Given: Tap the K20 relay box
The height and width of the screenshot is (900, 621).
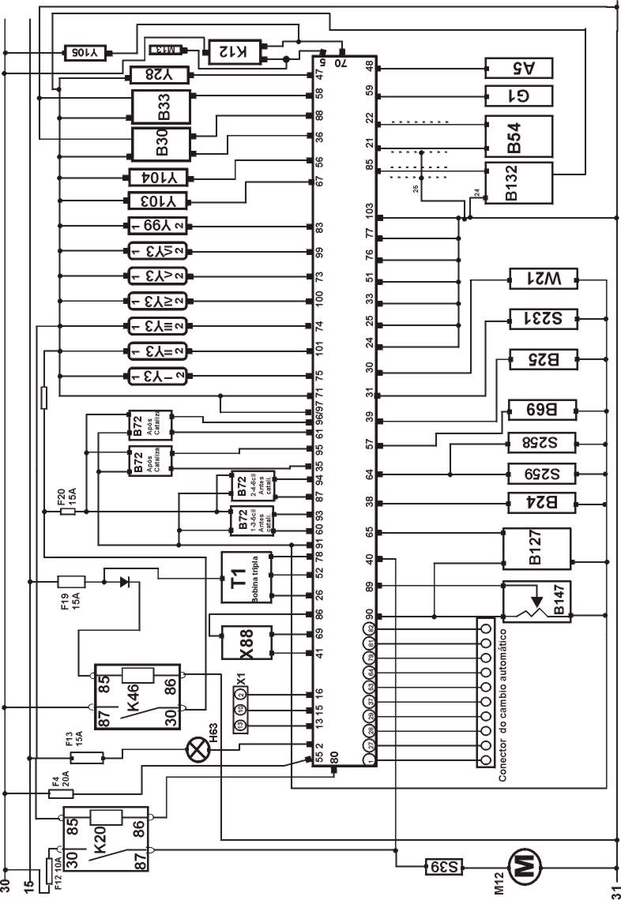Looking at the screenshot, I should pos(107,838).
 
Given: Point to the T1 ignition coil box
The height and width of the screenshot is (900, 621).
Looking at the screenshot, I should pos(246,577).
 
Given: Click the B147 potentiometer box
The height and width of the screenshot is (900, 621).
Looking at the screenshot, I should pos(537,601).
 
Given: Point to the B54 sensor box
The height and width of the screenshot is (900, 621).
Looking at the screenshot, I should pos(517,136).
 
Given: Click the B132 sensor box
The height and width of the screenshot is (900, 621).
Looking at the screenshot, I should pos(517,183).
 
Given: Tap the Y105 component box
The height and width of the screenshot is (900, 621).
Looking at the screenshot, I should pos(85,53).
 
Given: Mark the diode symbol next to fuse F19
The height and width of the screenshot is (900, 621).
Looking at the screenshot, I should pos(125,582).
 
